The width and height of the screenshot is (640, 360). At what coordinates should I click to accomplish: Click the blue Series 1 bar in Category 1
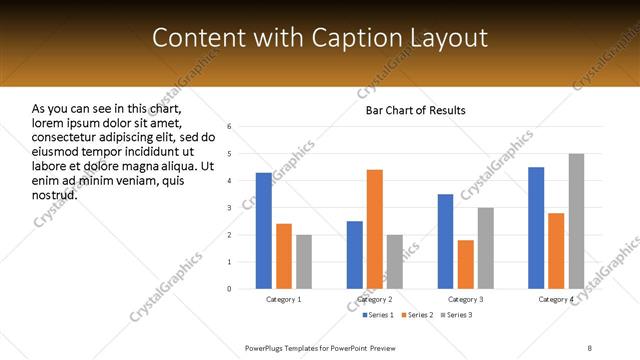[263, 231]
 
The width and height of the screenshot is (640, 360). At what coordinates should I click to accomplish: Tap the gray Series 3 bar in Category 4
[576, 221]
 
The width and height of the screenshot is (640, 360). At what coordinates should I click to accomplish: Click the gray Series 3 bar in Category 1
[304, 262]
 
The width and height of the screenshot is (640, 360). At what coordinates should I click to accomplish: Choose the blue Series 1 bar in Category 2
[354, 255]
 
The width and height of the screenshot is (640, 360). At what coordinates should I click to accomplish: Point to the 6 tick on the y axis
[230, 127]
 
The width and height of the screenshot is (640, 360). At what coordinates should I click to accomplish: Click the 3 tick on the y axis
[230, 208]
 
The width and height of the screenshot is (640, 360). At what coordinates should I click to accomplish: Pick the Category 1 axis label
[284, 299]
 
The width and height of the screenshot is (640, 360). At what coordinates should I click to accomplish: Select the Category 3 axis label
[466, 299]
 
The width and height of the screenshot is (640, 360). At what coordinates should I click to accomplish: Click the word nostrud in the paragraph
[55, 194]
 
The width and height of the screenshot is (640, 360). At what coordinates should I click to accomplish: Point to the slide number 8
[589, 346]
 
